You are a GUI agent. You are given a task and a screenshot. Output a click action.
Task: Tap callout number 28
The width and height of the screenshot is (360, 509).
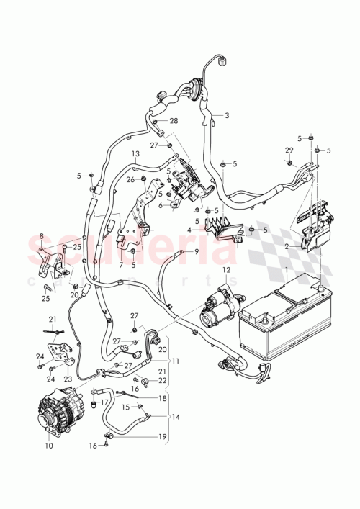(x=174, y=121)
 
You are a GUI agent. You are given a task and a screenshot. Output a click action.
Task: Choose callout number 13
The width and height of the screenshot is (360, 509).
(x=135, y=154)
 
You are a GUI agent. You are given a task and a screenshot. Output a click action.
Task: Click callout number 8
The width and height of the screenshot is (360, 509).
(x=42, y=237)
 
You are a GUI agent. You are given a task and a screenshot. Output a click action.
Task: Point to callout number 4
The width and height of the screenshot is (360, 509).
(x=189, y=230)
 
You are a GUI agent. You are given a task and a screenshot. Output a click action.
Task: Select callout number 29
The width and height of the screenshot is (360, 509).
(x=289, y=150)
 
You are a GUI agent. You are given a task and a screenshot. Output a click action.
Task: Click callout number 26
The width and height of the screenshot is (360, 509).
(x=131, y=180)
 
